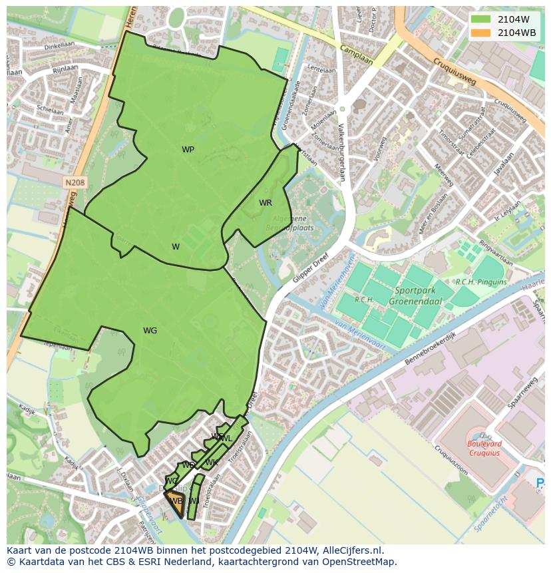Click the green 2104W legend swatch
pos(480,19)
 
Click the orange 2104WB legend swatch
pos(480,33)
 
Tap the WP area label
pos(188,150)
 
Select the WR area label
pos(266,203)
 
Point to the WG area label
pos(150,331)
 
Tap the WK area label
pos(212,463)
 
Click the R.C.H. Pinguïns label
pos(480,282)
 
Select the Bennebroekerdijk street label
pos(430,349)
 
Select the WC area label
pos(172,481)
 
